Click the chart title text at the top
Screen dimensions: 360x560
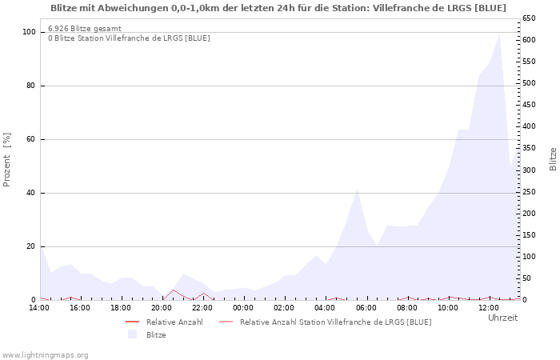278,8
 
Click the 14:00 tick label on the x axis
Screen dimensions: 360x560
39,307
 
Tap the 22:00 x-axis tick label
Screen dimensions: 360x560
202,307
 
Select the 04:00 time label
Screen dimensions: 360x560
325,307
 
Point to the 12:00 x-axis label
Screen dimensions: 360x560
488,307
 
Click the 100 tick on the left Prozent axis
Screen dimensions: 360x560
30,32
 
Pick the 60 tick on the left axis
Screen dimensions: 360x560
31,139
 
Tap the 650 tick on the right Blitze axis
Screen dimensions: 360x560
529,18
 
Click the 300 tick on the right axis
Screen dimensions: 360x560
529,170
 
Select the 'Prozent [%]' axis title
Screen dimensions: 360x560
8,159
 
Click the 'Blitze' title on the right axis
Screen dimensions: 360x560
553,158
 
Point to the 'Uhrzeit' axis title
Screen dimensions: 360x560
502,318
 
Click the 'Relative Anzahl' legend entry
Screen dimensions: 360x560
174,322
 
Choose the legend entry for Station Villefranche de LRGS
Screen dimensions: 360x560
335,322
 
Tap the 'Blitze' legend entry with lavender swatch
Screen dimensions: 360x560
156,334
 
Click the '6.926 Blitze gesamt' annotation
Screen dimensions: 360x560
85,29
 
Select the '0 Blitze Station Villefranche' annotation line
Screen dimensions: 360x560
129,38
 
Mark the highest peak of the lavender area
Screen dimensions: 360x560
499,33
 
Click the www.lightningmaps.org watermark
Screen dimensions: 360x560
46,354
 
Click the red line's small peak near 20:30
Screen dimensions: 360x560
173,290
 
